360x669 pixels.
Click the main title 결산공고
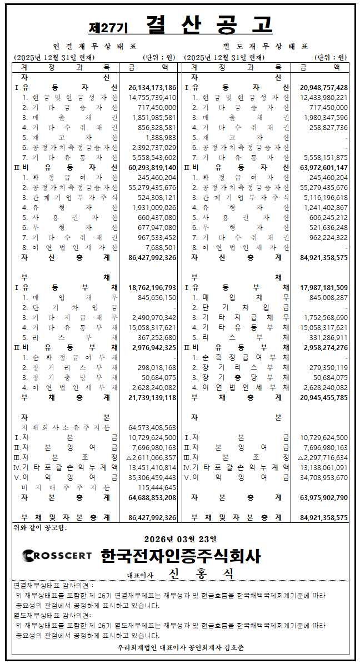[209, 25]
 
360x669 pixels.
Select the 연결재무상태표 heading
[94, 46]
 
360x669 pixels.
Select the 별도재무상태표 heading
[266, 46]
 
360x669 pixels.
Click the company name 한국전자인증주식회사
[181, 555]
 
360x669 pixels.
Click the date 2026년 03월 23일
[181, 538]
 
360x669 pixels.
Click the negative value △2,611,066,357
[151, 457]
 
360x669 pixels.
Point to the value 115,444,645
[156, 487]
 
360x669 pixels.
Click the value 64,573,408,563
[152, 427]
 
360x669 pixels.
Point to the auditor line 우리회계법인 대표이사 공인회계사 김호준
[181, 647]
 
